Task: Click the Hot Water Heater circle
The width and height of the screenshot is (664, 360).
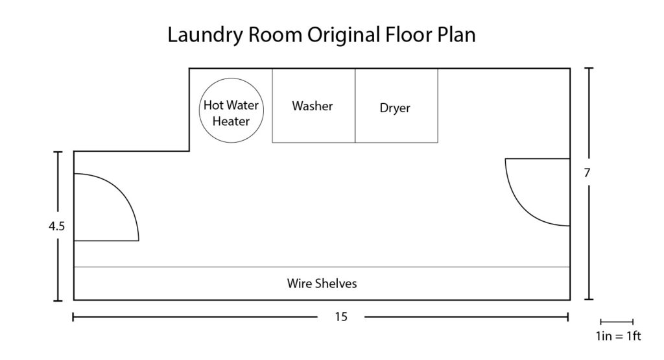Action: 231,112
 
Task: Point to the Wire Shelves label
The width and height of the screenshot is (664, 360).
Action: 322,283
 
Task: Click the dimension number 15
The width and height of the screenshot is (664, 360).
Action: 342,317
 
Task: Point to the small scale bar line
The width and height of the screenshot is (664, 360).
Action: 617,322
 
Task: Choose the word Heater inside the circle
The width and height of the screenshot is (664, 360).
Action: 231,121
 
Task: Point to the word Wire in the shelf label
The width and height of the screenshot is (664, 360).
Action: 298,283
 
